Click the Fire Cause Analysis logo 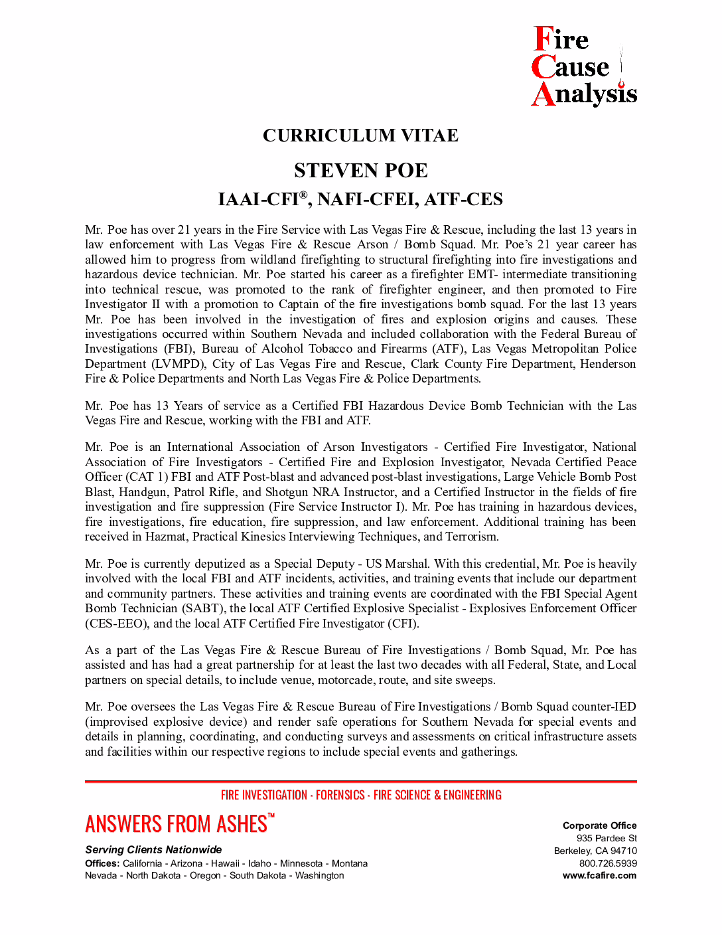point(584,66)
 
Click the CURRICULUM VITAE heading point(360,135)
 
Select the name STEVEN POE point(360,171)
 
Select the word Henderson point(607,364)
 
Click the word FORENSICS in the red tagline point(340,795)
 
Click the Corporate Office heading point(599,825)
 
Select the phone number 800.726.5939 point(607,863)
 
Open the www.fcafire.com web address point(599,875)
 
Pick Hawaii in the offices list point(225,863)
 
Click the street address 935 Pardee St point(607,838)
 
